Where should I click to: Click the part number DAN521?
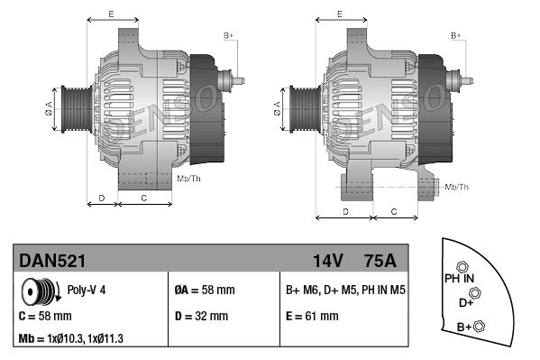coord(52,261)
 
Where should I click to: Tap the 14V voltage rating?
coord(327,261)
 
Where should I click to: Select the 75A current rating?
coord(380,261)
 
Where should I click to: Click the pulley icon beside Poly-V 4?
coord(41,291)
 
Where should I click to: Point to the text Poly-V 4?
coord(87,290)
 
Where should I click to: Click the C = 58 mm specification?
coord(45,316)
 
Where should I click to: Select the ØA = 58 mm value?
coord(205,290)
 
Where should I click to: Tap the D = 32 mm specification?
coord(201,316)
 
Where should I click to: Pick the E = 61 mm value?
coord(312,316)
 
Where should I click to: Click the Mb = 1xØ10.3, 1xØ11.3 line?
coord(70,338)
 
